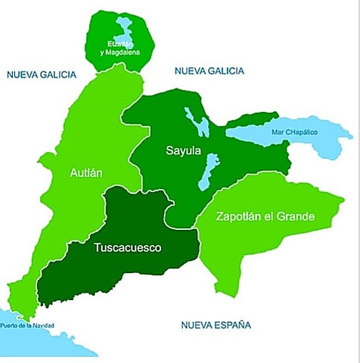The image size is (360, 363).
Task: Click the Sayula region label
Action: coord(183,151)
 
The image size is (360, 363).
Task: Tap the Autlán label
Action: coord(85,172)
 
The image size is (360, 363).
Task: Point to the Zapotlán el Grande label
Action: coord(265,217)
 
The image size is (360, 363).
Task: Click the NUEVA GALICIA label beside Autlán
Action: coord(41,75)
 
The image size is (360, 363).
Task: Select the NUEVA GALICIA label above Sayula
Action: coord(209,70)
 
